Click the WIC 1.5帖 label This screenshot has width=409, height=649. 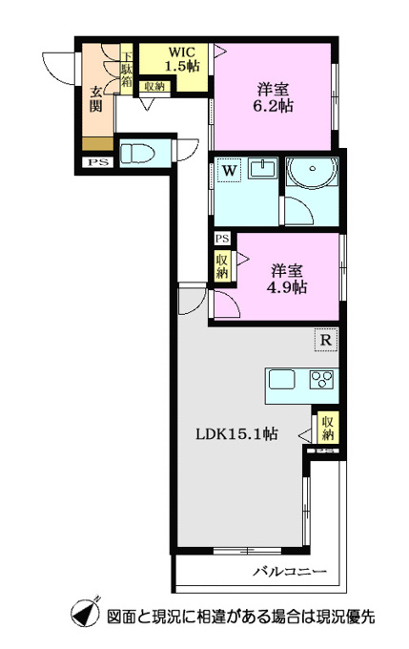pos(181,59)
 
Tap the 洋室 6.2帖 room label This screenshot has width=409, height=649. pos(273,97)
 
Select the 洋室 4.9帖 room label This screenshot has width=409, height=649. pos(287,279)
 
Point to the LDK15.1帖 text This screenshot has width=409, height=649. pos(236,433)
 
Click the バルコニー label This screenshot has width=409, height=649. pos(290,572)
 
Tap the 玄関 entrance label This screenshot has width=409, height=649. pos(96,99)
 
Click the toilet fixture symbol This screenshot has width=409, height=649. pos(137,153)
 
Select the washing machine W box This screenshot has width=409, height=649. pos(230,171)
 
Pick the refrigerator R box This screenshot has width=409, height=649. pos(326,340)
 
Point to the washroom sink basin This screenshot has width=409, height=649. pos(263,170)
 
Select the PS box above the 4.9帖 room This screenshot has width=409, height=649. pos(222,239)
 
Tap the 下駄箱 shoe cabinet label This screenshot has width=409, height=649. pos(126,69)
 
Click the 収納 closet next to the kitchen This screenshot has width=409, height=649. pos(328,429)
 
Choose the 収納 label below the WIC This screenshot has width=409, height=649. pos(154,87)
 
